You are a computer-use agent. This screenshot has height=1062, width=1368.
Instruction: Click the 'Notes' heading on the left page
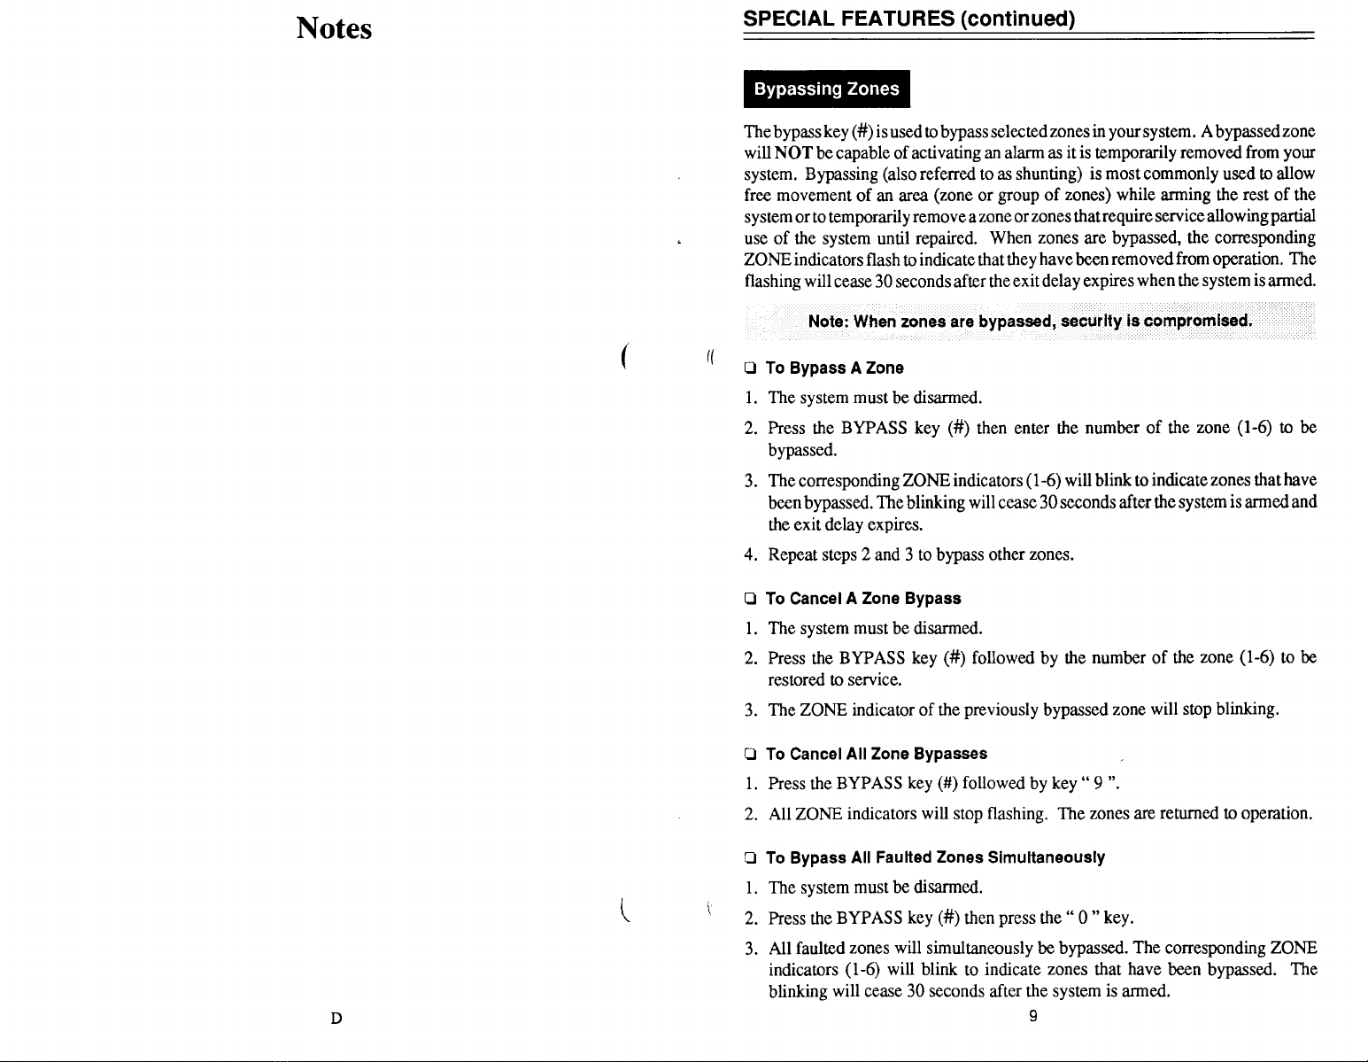click(x=334, y=29)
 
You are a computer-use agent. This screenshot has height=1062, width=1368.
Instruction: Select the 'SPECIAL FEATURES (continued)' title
click(x=909, y=19)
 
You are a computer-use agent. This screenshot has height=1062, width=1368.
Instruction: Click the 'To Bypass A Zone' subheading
click(x=822, y=368)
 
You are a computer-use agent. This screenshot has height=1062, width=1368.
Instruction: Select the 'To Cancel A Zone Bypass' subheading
click(x=863, y=599)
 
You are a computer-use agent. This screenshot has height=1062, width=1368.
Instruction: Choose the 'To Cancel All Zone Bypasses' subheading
click(x=876, y=754)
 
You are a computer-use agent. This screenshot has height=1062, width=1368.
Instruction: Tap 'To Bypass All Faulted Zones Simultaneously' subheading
click(x=935, y=857)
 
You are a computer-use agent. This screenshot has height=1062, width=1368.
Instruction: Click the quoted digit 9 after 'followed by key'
click(x=1097, y=783)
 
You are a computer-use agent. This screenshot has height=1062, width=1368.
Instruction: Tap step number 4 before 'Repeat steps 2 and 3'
click(x=750, y=555)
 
